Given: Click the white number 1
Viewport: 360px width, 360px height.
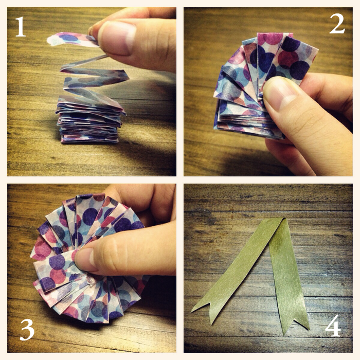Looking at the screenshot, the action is coord(21,27).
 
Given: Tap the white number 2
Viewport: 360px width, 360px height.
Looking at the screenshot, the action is coord(337,24).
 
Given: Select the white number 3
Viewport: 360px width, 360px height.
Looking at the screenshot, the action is coord(27,330).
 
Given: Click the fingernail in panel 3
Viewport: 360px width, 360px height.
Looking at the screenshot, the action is coord(86,260).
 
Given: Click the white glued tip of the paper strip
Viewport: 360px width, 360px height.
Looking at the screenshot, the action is coord(52,41).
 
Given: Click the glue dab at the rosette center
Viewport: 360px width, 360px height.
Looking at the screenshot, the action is coord(91,281).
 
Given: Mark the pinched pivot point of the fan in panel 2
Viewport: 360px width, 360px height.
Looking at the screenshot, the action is coord(260,98).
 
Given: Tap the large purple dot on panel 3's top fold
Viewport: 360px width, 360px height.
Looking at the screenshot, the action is coord(90,217).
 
